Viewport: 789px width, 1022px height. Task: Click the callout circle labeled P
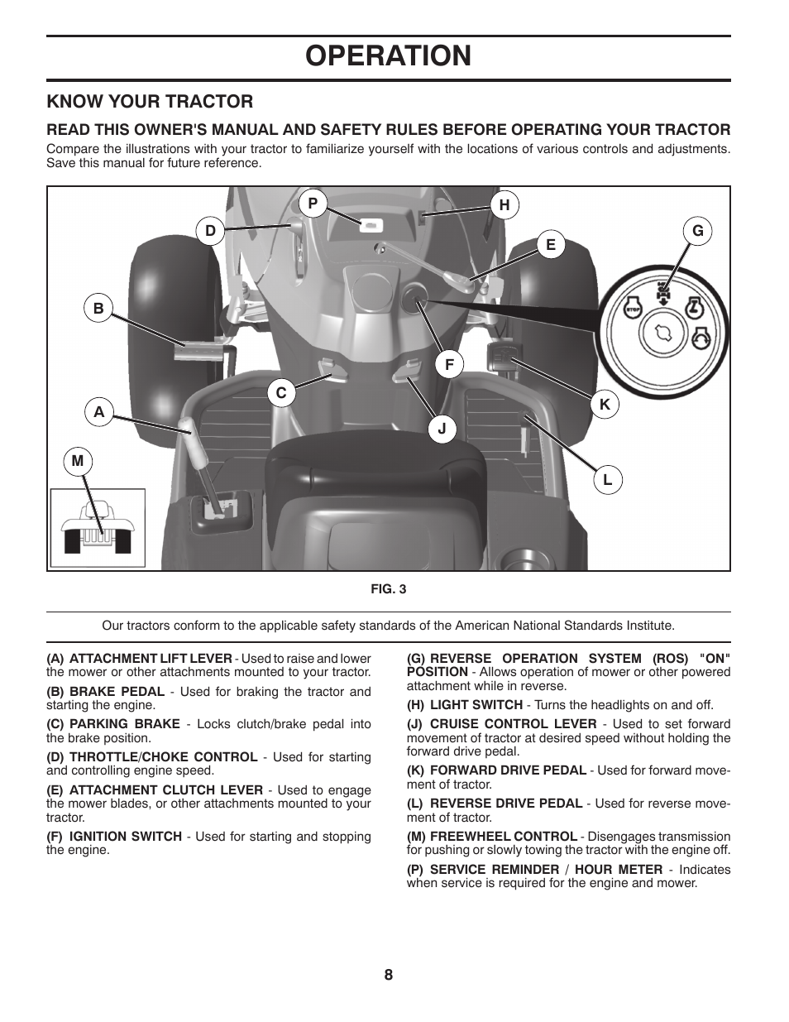click(313, 203)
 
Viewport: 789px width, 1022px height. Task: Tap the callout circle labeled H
click(504, 205)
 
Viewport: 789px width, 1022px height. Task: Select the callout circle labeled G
click(698, 231)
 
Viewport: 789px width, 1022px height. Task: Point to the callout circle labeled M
click(78, 461)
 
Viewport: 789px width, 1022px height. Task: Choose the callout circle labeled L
click(608, 479)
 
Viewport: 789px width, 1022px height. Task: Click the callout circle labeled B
click(98, 309)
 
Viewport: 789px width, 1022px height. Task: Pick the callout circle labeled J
click(442, 429)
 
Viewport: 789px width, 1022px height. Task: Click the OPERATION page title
click(388, 55)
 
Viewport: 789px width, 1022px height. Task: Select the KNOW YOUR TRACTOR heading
click(150, 101)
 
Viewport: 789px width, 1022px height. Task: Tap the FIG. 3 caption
click(388, 589)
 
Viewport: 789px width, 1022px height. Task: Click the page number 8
click(388, 974)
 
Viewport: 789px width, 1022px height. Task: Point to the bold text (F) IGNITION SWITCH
click(114, 836)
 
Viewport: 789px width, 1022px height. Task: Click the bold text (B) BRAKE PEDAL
click(106, 691)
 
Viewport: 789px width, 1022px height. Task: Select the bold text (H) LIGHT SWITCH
click(465, 705)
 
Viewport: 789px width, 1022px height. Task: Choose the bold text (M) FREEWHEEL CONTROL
click(492, 836)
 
